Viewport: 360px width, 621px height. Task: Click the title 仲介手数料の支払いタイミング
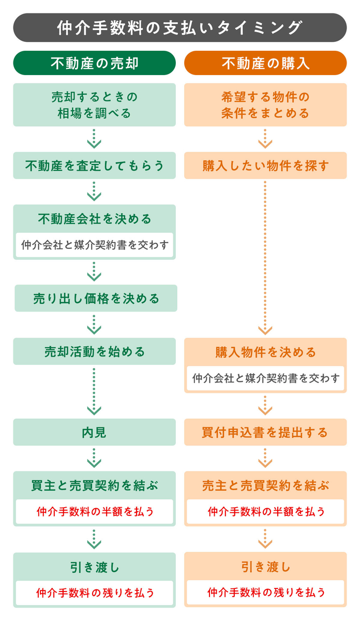[179, 27]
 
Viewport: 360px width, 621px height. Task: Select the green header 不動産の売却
[95, 63]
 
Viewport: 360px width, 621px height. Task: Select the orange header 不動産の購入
[265, 63]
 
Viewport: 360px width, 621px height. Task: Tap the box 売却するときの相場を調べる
[94, 105]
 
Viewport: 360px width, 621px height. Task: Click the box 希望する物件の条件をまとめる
[265, 105]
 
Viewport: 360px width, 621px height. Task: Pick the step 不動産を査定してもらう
[94, 166]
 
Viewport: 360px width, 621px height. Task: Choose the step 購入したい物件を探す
[265, 166]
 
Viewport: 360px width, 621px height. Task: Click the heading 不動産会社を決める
[94, 219]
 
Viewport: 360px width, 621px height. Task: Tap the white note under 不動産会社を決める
[94, 245]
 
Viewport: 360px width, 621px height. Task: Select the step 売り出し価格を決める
[96, 299]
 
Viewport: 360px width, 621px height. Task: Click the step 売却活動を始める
[94, 352]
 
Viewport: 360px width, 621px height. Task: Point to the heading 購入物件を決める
[265, 352]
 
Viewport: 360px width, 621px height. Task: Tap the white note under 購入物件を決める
[265, 378]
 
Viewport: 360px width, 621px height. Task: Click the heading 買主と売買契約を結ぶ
[94, 486]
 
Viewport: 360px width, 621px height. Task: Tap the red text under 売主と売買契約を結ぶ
[265, 512]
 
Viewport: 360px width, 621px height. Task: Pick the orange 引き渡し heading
[265, 567]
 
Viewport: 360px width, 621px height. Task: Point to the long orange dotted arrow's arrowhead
[265, 330]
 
